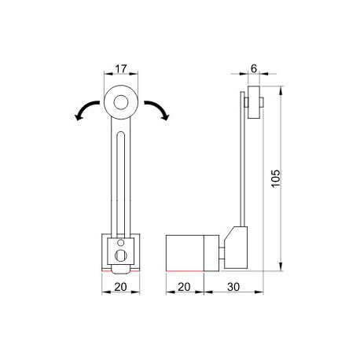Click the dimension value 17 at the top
coord(122,69)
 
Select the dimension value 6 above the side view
coord(254,69)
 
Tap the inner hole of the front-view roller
coord(122,101)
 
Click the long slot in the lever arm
coord(122,181)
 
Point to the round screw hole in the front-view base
coord(121,255)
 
